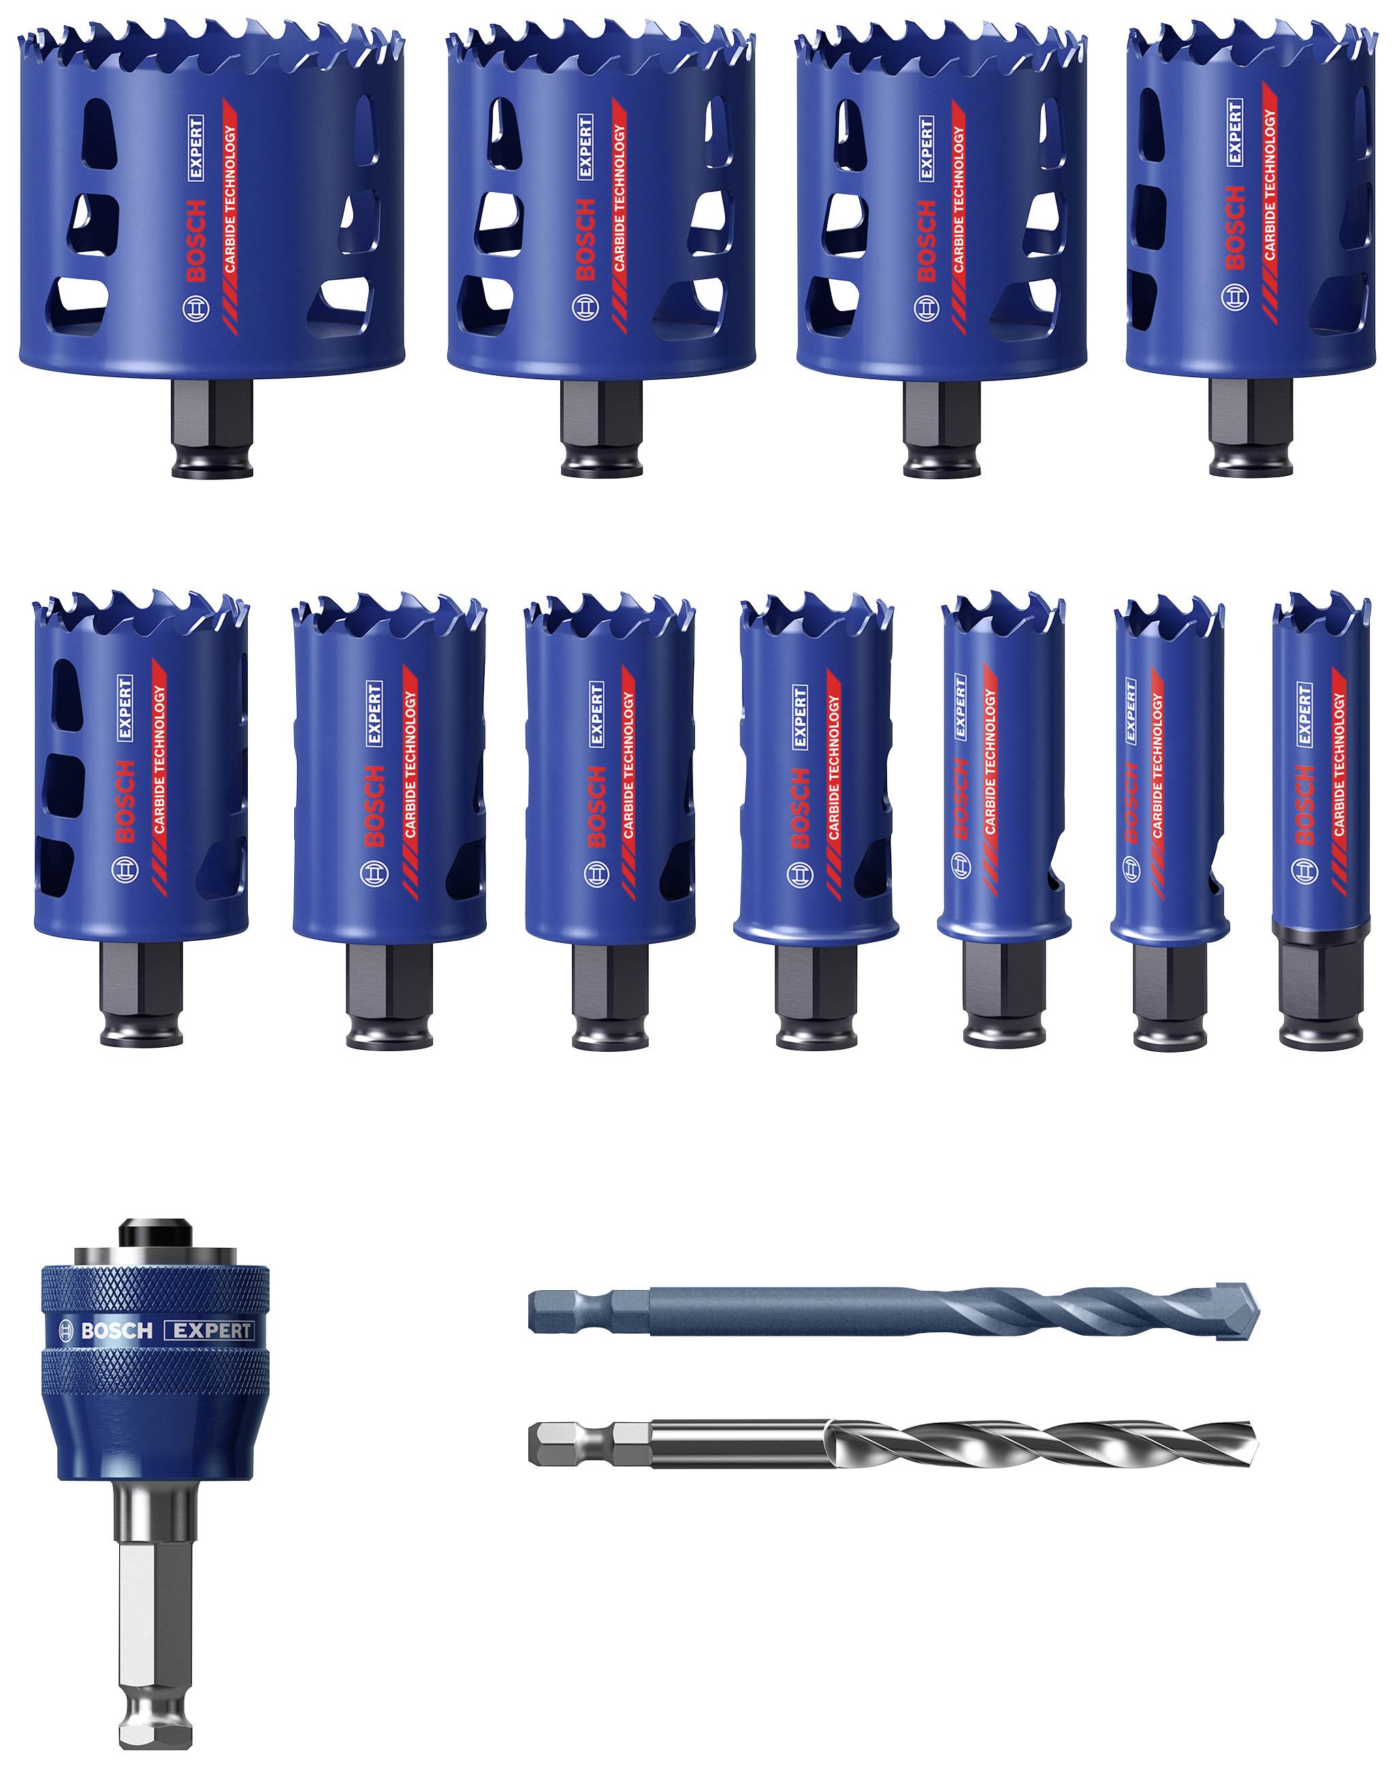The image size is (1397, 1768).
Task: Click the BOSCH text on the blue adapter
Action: (116, 1330)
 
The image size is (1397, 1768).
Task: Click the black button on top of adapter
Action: (155, 1232)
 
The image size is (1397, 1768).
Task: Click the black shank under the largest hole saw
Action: (212, 430)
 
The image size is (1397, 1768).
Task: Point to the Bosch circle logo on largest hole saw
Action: (195, 312)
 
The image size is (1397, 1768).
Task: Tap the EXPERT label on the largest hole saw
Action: (195, 147)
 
